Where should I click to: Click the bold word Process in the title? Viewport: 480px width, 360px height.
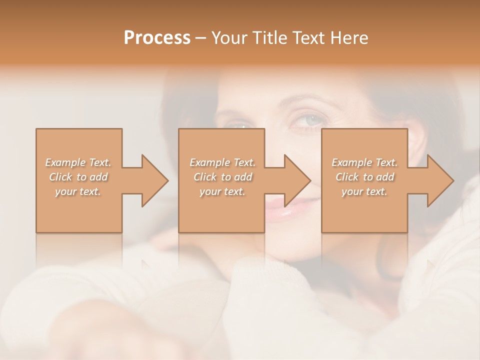pyautogui.click(x=157, y=38)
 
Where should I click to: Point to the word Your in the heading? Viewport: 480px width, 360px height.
pyautogui.click(x=228, y=38)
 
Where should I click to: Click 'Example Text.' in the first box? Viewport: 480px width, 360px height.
pyautogui.click(x=78, y=162)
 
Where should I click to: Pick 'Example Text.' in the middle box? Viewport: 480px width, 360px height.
pyautogui.click(x=222, y=162)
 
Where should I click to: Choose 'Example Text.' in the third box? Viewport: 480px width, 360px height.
pyautogui.click(x=364, y=162)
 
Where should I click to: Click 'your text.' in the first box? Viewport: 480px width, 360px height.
pyautogui.click(x=78, y=191)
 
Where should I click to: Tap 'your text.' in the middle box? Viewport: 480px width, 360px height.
pyautogui.click(x=222, y=191)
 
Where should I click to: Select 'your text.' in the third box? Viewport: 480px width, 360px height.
pyautogui.click(x=364, y=191)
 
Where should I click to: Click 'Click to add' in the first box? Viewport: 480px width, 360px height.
pyautogui.click(x=78, y=177)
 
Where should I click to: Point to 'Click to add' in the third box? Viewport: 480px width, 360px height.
pyautogui.click(x=364, y=177)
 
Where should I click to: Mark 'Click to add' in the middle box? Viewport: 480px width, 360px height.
pyautogui.click(x=222, y=177)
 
